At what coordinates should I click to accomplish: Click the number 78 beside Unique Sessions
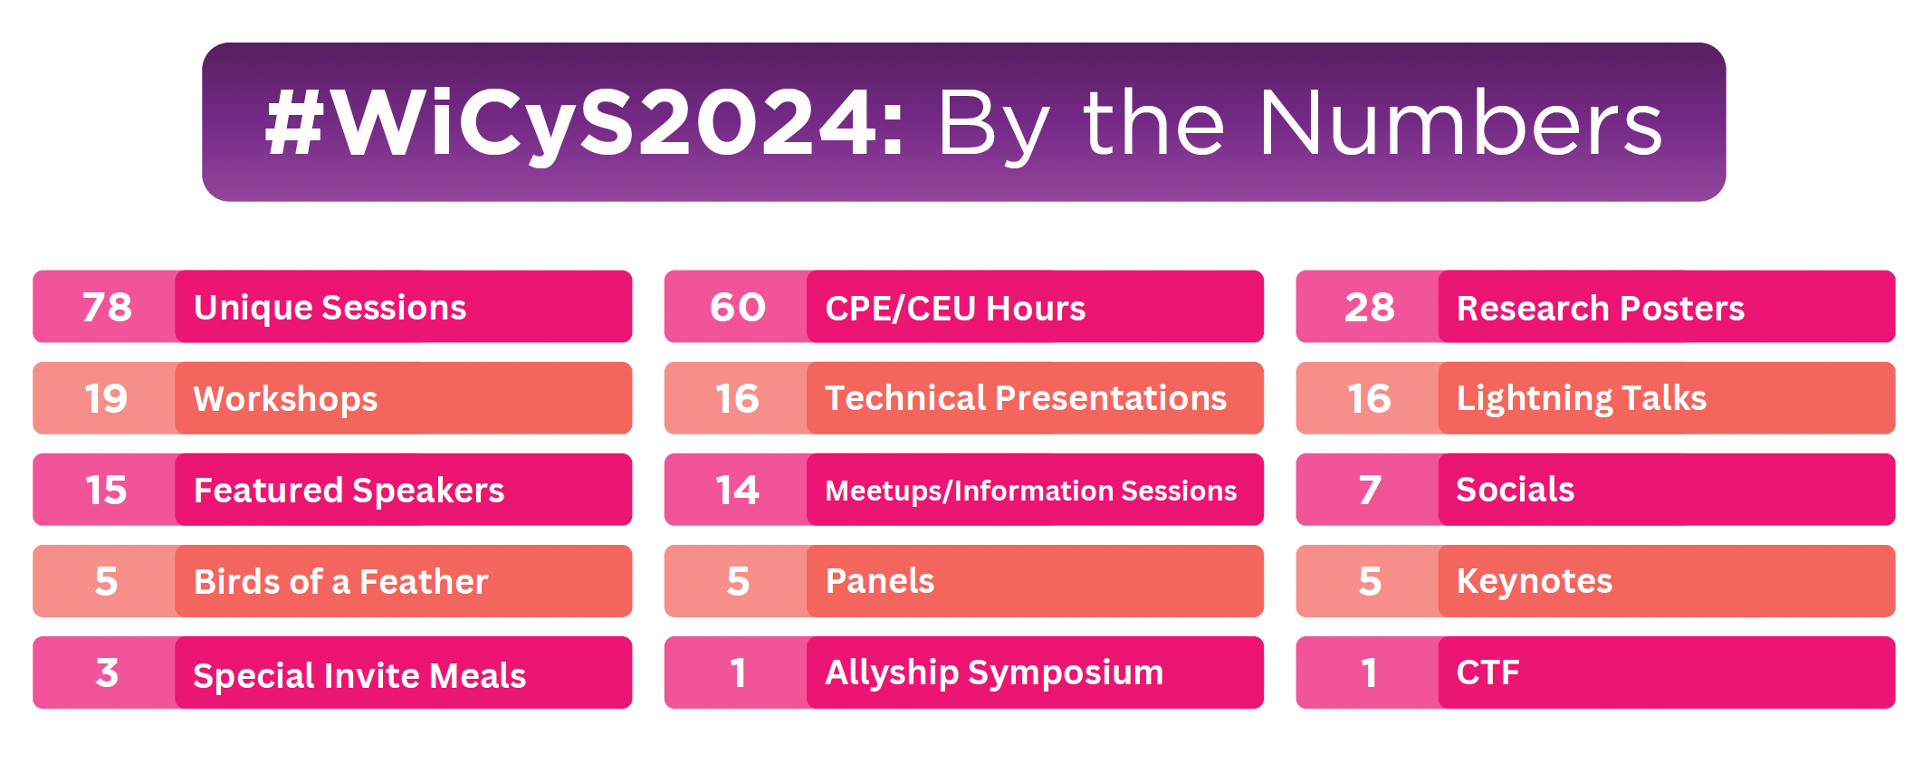pos(107,308)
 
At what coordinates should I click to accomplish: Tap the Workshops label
pos(285,399)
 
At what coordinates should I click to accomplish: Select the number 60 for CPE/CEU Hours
pos(738,308)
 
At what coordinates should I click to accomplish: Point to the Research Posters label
pos(1600,309)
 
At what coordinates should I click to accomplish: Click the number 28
pos(1369,308)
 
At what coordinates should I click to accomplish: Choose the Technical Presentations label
pos(1026,398)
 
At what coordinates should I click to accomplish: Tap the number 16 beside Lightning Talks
pos(1369,399)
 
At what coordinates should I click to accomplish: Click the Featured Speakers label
pos(349,491)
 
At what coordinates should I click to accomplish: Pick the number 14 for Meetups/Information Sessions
pos(737,491)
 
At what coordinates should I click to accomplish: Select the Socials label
pos(1515,490)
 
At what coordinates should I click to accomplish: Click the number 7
pos(1369,491)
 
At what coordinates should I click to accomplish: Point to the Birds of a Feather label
pos(340,582)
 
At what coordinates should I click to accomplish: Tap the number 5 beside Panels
pos(738,582)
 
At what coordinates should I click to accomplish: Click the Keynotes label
pos(1534,581)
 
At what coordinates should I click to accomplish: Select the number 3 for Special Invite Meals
pos(107,673)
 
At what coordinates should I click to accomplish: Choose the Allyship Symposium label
pos(994,672)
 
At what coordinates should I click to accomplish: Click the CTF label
pos(1487,672)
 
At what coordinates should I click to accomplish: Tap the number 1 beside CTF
pos(1369,673)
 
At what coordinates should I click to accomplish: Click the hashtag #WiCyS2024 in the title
pos(584,123)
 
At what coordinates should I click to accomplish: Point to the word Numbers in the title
pos(1459,123)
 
